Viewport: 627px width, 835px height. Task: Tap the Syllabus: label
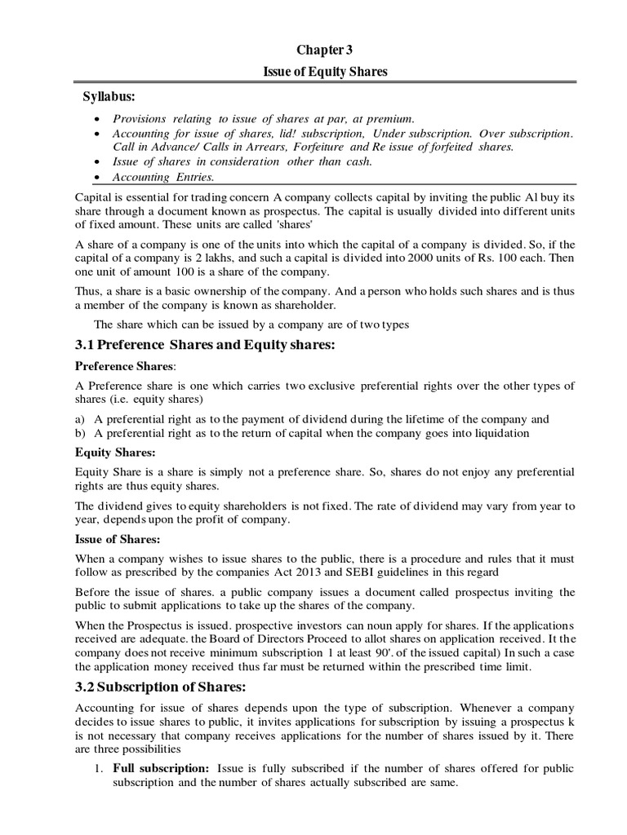click(110, 98)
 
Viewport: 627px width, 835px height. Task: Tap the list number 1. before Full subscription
click(97, 769)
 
